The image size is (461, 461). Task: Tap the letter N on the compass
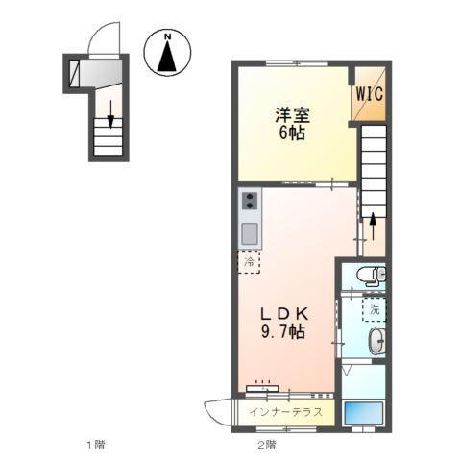167,37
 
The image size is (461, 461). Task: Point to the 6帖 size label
289,133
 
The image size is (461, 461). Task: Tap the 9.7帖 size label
285,332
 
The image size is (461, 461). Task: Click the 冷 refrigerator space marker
250,261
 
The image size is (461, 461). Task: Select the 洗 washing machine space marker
375,309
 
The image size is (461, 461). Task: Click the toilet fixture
369,278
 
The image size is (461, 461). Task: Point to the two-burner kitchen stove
250,201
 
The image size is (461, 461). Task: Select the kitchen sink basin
250,232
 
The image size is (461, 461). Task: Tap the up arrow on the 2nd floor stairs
372,227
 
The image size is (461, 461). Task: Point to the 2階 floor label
265,445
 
